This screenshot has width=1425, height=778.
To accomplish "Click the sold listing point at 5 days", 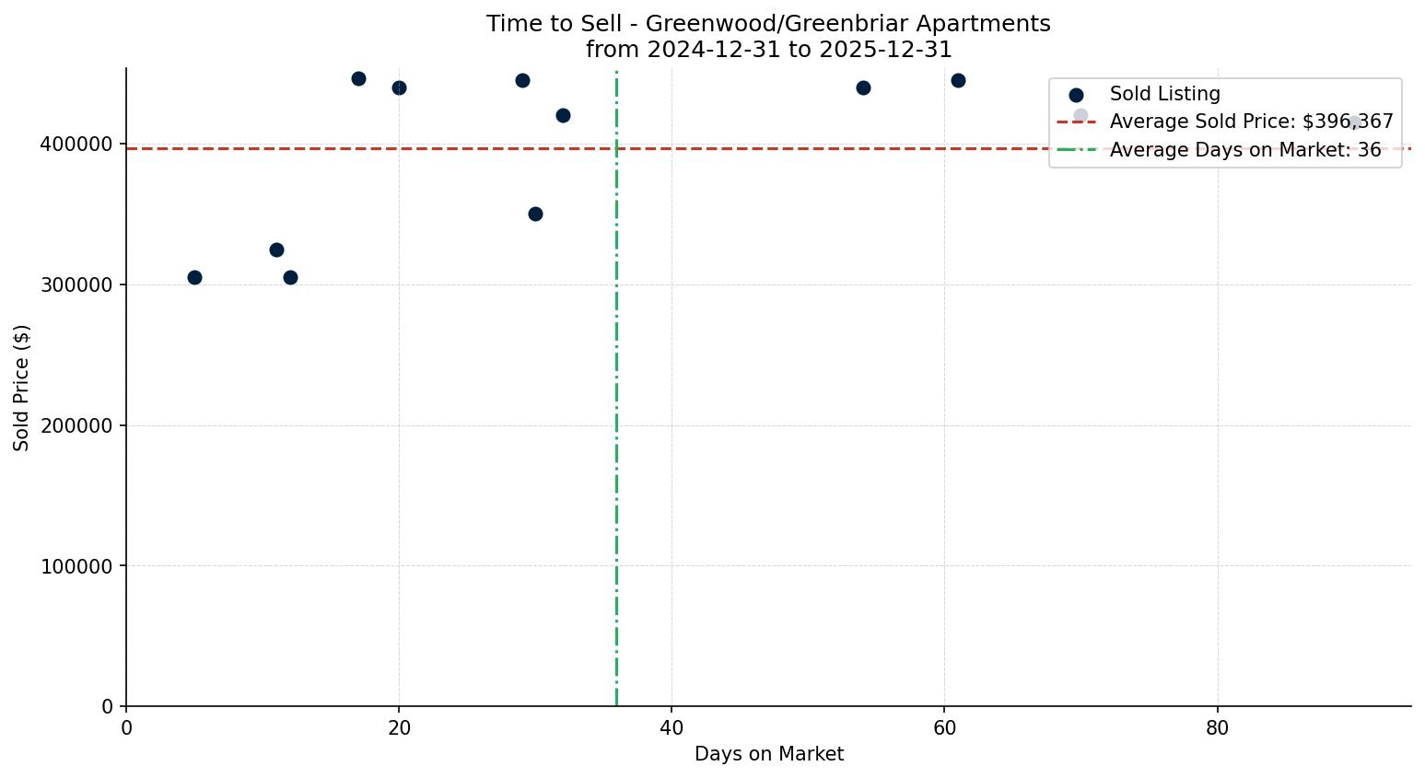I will point(194,277).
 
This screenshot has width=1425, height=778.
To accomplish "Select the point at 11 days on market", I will point(276,250).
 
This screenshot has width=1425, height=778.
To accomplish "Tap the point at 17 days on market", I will point(358,78).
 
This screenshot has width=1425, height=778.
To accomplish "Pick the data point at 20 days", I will point(399,87).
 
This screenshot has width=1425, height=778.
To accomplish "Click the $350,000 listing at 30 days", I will point(535,214).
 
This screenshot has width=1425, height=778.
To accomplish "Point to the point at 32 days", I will point(563,115).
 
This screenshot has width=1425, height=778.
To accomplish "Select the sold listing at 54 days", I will point(863,87).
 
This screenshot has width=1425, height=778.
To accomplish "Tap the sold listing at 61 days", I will point(958,80).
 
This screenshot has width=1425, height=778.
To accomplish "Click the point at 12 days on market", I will point(290,277).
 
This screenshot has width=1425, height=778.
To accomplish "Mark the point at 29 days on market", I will point(522,80).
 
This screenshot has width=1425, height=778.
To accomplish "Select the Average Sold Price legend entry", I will point(1251,122).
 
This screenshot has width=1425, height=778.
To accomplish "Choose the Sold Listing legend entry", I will point(1164,94).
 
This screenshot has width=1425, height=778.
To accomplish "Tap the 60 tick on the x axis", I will point(944,728).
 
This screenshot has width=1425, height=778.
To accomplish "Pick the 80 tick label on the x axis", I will point(1218,728).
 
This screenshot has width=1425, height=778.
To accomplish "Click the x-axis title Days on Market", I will point(768,754).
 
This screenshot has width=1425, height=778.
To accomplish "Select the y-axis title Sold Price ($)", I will point(22,387).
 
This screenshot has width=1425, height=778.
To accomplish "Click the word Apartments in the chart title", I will point(991,24).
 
